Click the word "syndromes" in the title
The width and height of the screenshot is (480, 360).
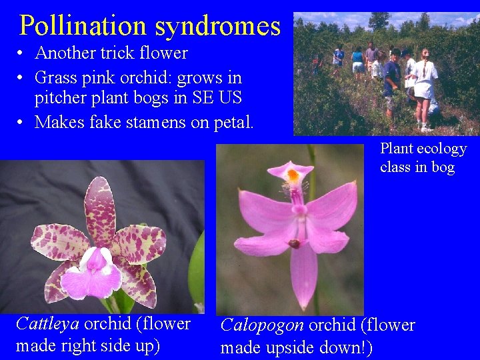218,27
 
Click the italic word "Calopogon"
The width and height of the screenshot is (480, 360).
262,325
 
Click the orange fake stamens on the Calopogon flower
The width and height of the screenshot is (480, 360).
293,177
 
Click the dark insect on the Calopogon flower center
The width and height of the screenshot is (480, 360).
294,243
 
